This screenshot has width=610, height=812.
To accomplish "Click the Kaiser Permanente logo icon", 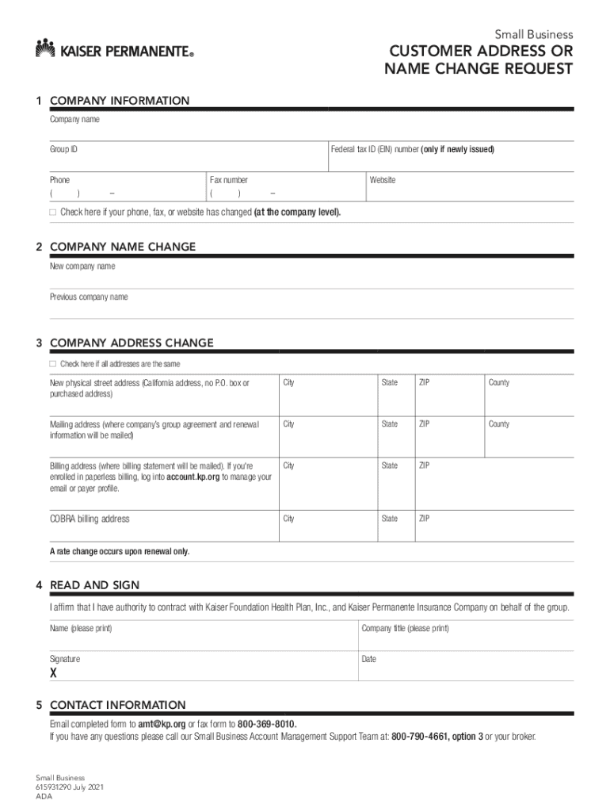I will [x=45, y=48].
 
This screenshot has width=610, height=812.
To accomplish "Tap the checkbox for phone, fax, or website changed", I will [x=53, y=213].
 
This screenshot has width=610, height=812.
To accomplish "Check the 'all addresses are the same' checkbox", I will [x=53, y=364].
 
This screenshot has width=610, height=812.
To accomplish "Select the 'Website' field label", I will [x=382, y=180].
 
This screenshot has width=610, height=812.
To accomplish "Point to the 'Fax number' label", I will [x=228, y=180].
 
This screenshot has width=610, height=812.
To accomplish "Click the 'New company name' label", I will [x=82, y=266].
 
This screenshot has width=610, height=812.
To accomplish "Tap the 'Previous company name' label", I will [x=89, y=297].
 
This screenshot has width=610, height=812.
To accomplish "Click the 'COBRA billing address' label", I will [x=90, y=519].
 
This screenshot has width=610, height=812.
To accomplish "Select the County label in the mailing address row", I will [x=499, y=424].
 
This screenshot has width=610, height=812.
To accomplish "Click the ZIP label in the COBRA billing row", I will [x=425, y=519].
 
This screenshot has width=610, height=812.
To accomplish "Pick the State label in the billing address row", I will [x=390, y=465].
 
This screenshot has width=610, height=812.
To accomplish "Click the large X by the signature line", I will [x=54, y=674].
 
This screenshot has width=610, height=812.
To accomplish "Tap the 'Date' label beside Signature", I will [x=369, y=659].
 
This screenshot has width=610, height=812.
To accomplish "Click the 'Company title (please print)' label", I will [x=405, y=628].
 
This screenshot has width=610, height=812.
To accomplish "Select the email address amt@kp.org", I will [x=162, y=724].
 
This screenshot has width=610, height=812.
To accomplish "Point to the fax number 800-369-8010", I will [x=267, y=724].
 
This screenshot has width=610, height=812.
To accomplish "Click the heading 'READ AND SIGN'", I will [x=94, y=585].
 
